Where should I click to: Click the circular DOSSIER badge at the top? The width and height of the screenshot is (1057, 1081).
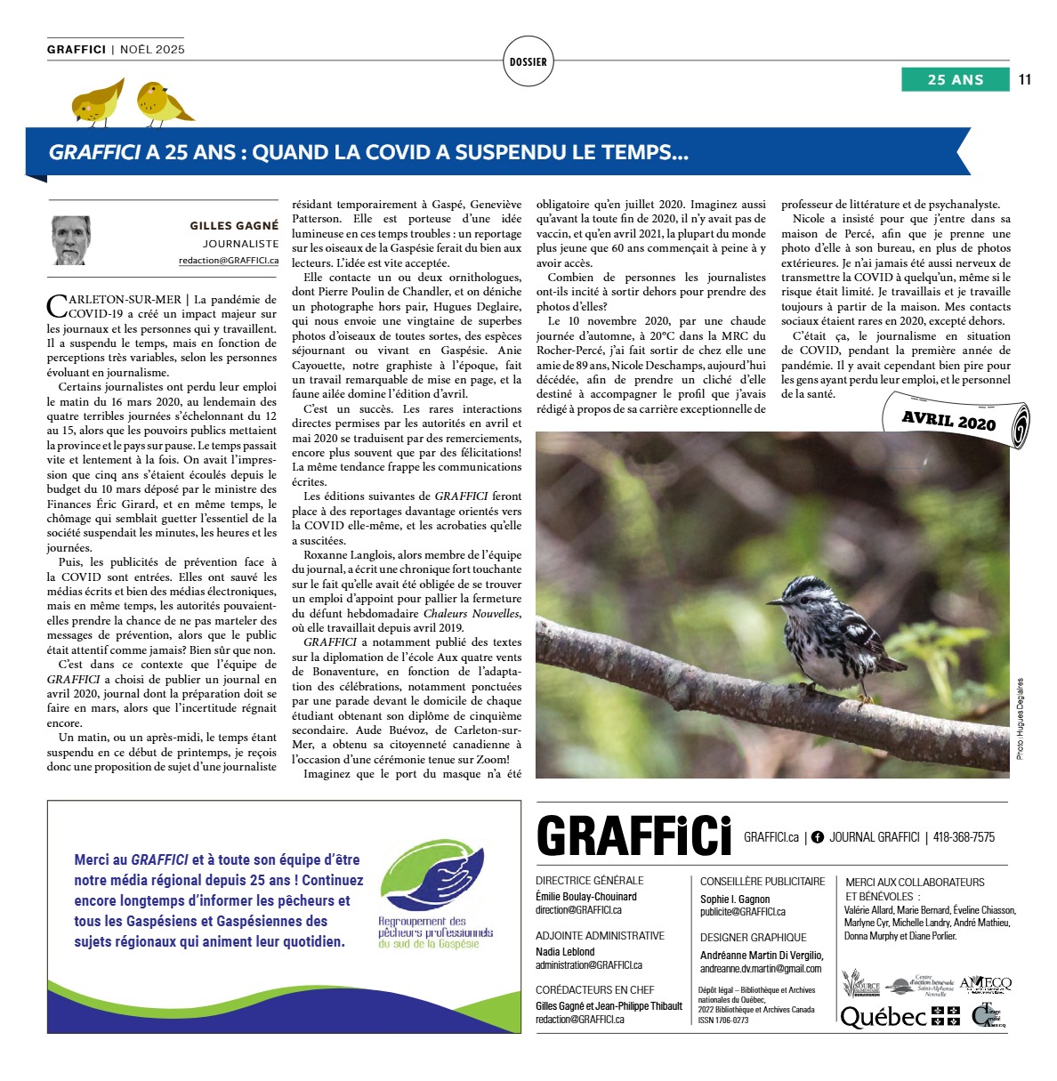click(528, 61)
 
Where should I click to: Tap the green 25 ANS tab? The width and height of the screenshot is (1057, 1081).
click(956, 79)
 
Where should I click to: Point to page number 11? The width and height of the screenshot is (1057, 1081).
click(1025, 79)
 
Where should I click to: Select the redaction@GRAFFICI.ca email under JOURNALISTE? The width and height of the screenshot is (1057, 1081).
click(229, 261)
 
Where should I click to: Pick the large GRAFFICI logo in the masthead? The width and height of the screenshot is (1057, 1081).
click(633, 836)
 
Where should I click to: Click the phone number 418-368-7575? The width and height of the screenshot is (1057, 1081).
click(964, 837)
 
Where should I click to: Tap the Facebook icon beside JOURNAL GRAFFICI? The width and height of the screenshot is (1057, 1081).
click(818, 837)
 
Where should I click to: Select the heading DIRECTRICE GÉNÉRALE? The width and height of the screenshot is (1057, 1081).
click(590, 881)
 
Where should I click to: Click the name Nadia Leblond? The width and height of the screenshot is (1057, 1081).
click(565, 952)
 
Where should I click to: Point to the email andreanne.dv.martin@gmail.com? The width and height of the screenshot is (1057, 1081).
click(761, 969)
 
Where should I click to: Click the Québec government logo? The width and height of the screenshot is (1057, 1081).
click(900, 1016)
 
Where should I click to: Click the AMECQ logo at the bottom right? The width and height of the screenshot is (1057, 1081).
click(985, 984)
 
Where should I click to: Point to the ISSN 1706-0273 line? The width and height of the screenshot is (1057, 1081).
click(723, 1020)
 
